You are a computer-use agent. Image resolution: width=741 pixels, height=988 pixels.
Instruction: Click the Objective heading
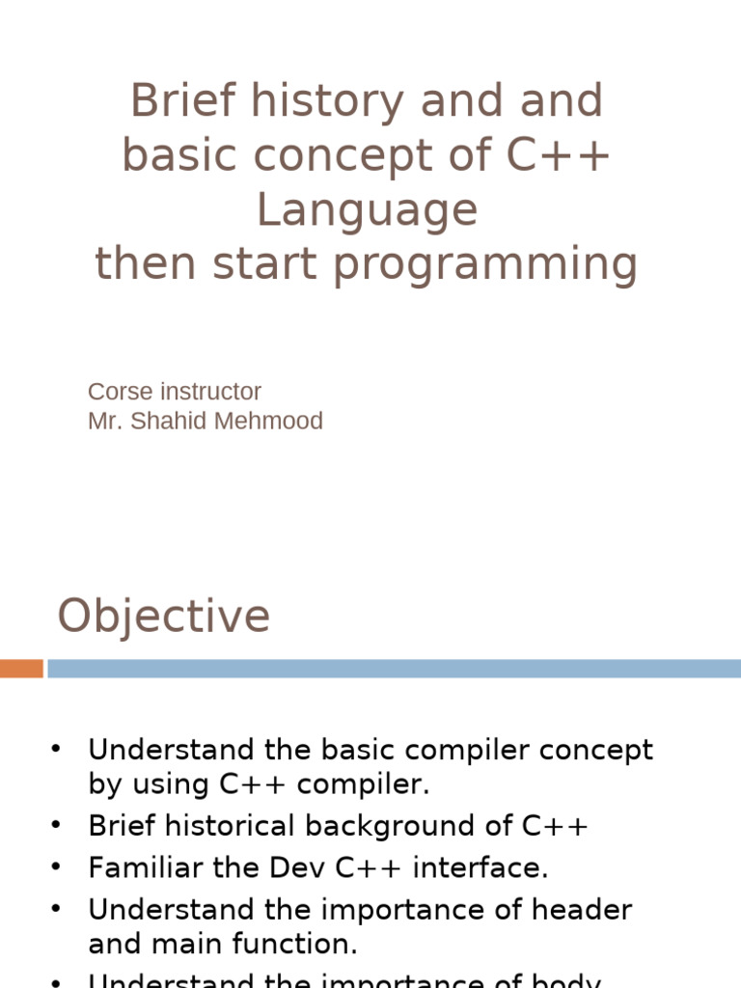pyautogui.click(x=164, y=616)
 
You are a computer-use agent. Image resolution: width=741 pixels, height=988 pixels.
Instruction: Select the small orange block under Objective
pyautogui.click(x=21, y=669)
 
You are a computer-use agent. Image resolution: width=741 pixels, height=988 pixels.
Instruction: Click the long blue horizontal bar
pyautogui.click(x=394, y=669)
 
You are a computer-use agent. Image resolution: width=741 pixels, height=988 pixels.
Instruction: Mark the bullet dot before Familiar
pyautogui.click(x=56, y=867)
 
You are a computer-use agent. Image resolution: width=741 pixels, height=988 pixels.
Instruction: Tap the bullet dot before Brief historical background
pyautogui.click(x=56, y=826)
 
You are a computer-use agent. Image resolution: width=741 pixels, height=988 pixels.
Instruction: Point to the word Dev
pyautogui.click(x=299, y=867)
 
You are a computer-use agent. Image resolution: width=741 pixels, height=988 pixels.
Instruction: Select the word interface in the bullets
pyautogui.click(x=480, y=867)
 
